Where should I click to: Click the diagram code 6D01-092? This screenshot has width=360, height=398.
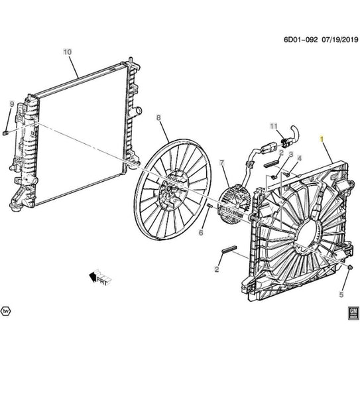(x=300, y=40)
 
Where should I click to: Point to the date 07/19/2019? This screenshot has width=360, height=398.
(x=340, y=40)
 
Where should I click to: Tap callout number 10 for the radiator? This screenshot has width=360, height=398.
(x=68, y=52)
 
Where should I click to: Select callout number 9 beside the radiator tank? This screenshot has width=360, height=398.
(x=12, y=104)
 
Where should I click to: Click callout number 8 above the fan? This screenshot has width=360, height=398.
(x=158, y=117)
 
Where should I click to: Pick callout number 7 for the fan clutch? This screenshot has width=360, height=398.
(x=222, y=163)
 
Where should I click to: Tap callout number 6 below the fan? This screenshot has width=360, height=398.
(x=201, y=232)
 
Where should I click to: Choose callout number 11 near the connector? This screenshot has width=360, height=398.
(x=274, y=126)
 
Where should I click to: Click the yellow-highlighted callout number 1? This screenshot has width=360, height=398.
(x=322, y=139)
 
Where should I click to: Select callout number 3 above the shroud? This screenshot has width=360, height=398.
(x=291, y=155)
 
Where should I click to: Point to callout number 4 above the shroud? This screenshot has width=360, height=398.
(x=300, y=159)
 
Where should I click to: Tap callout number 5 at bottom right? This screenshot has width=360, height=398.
(x=341, y=295)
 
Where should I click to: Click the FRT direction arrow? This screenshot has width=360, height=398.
(x=100, y=277)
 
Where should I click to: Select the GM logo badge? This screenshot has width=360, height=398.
(x=353, y=313)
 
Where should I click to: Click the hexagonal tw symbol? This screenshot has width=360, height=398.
(x=5, y=311)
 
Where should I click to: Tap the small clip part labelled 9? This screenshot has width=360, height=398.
(x=5, y=133)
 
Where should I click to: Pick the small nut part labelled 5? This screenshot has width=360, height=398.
(x=350, y=267)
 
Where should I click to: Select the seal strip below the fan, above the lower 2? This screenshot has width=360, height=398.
(x=229, y=249)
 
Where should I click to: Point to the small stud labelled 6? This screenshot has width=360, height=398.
(x=210, y=205)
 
